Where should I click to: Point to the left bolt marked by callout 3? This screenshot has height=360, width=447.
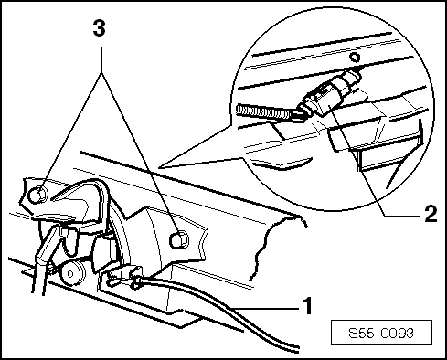click(x=37, y=194)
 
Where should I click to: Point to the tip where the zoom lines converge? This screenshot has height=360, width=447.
click(x=162, y=166)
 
